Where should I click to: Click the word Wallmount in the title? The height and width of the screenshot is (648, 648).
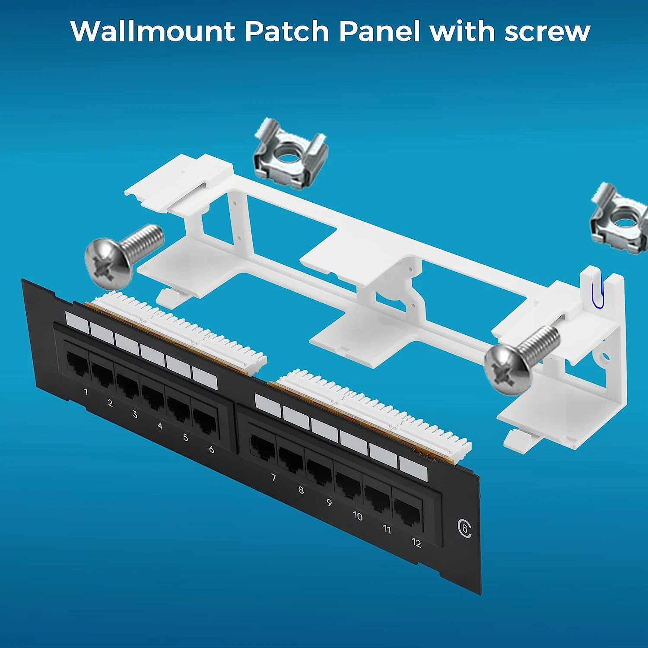[152, 31]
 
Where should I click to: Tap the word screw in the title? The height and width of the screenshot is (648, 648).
[547, 31]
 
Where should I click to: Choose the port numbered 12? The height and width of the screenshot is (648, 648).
[407, 514]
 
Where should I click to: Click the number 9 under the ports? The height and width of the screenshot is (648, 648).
[329, 503]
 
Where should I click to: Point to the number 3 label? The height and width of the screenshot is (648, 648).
[135, 414]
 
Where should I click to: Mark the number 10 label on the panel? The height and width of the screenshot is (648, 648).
[358, 516]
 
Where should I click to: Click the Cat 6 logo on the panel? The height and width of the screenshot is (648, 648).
[465, 529]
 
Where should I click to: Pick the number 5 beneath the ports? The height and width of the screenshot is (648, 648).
[185, 437]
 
